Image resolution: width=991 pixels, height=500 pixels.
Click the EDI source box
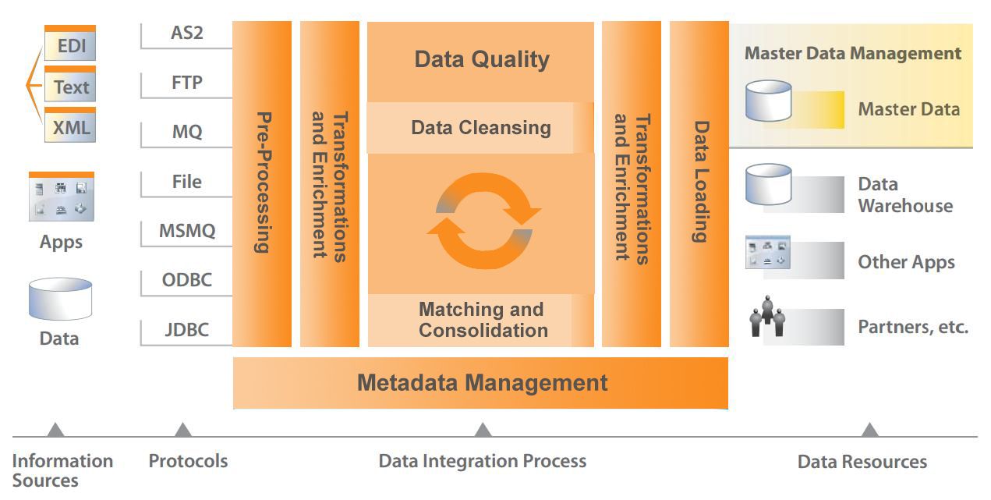point(70,43)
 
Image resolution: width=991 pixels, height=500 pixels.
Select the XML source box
point(70,125)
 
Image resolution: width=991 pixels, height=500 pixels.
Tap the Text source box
point(70,84)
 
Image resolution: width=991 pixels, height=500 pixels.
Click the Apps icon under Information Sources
point(62,197)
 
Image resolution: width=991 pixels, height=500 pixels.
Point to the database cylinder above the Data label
point(61,299)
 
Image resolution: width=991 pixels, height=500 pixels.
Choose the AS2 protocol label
point(187,33)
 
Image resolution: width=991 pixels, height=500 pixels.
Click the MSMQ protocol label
point(187,231)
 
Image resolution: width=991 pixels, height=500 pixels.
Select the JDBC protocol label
point(186,330)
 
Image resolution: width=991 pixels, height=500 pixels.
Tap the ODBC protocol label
point(186,280)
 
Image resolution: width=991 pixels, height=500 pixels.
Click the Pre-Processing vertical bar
point(262,184)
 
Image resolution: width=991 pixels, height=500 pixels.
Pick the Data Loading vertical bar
point(699,184)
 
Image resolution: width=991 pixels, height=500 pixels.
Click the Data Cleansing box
point(480,128)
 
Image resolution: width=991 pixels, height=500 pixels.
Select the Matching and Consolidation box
point(481,320)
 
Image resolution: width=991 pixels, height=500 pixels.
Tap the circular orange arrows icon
point(484,221)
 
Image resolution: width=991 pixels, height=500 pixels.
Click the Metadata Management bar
point(480,383)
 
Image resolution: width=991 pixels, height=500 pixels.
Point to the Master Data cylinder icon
point(769,101)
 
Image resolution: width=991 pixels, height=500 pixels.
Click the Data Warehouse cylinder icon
point(769,184)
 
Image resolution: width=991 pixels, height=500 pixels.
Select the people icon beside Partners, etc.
point(767,316)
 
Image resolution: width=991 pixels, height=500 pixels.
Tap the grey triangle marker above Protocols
point(182,430)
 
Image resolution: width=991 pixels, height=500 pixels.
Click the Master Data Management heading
point(853,54)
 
